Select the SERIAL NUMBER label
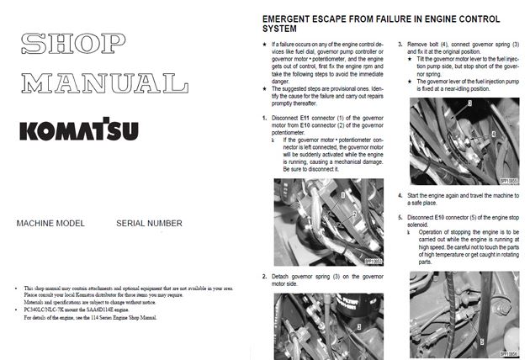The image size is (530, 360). [x=151, y=225]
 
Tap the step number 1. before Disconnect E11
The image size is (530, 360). [x=264, y=119]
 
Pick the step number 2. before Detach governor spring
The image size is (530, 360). [x=264, y=276]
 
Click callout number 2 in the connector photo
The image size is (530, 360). [x=356, y=216]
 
